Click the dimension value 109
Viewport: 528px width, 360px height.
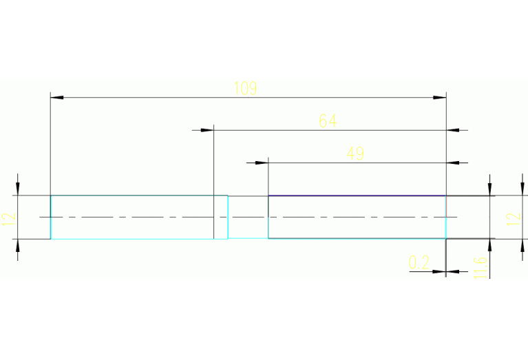pos(245,88)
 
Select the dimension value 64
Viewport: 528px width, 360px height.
pos(328,121)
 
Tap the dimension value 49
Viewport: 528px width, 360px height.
pos(355,153)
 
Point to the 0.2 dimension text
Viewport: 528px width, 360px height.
pos(419,262)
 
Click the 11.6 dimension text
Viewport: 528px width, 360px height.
pos(481,267)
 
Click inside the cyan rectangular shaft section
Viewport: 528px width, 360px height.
pos(138,218)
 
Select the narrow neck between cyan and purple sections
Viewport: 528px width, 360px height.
pos(248,218)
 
